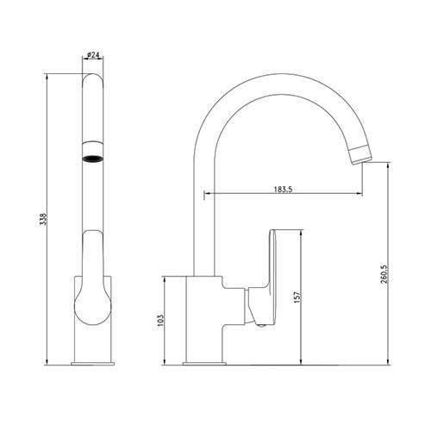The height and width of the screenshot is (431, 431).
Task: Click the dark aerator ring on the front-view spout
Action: (91, 158)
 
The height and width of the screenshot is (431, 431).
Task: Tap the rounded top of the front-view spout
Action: (91, 79)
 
